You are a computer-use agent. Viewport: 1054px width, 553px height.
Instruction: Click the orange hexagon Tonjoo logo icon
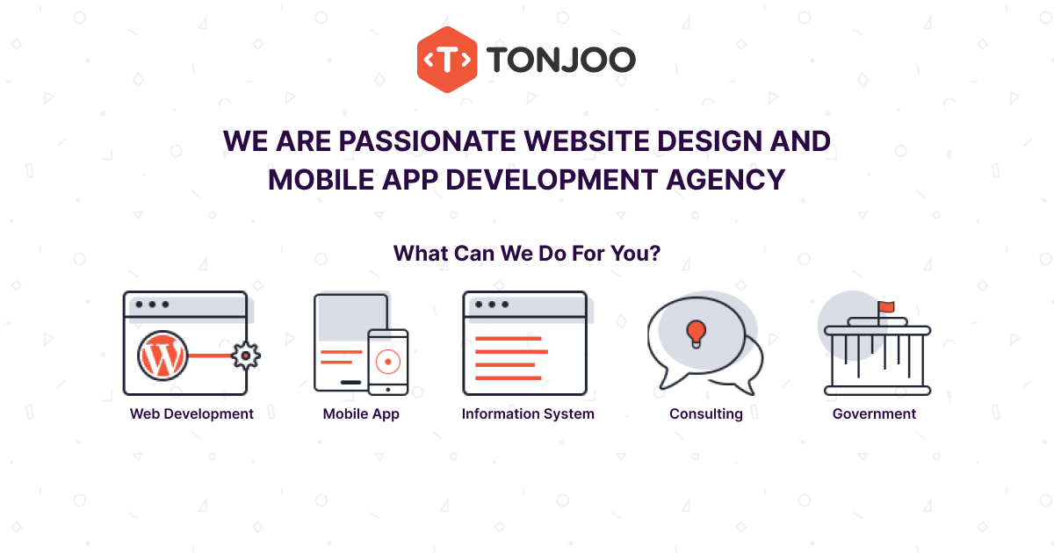click(x=447, y=59)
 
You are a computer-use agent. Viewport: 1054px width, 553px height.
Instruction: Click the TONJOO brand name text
click(x=560, y=60)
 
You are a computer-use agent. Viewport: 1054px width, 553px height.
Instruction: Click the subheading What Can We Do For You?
click(x=527, y=254)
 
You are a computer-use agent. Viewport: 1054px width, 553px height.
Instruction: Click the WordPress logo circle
click(x=162, y=355)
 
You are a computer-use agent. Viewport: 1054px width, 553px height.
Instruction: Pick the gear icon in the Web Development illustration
click(x=245, y=355)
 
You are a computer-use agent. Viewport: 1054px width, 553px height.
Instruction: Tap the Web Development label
click(x=191, y=413)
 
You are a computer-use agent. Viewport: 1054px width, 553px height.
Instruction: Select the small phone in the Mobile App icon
click(x=387, y=362)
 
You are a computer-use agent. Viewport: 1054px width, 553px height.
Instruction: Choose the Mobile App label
click(x=361, y=413)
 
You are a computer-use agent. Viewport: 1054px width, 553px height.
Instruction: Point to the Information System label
click(x=528, y=413)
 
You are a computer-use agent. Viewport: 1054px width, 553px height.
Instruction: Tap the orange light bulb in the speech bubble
click(x=696, y=333)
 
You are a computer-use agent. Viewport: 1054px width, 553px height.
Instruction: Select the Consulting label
click(x=706, y=413)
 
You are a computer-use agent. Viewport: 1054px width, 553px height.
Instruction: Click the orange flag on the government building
click(x=885, y=306)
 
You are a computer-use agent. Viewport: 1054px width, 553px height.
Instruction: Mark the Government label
click(x=874, y=413)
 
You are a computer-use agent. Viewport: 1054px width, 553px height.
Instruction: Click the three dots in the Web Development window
click(x=152, y=305)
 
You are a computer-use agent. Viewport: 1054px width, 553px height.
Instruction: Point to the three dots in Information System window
click(x=491, y=305)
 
